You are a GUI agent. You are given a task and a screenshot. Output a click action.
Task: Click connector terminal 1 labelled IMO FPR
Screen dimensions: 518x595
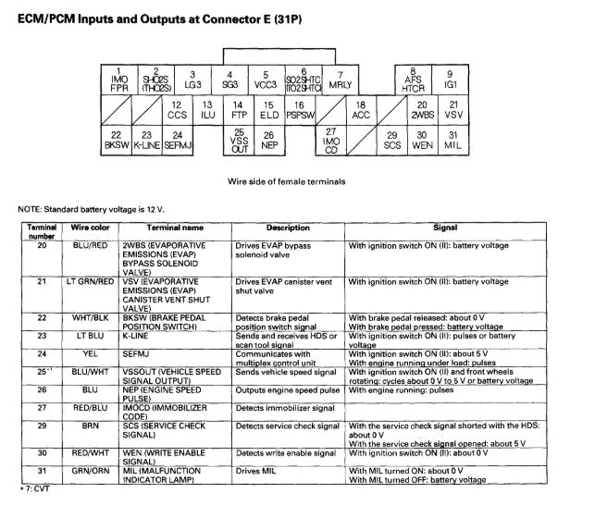pyautogui.click(x=118, y=80)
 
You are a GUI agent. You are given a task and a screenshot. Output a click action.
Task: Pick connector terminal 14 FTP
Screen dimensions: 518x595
pyautogui.click(x=238, y=110)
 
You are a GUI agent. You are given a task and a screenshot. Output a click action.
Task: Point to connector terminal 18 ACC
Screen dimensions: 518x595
pyautogui.click(x=362, y=110)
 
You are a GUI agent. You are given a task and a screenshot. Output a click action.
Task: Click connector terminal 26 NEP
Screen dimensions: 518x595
pyautogui.click(x=269, y=141)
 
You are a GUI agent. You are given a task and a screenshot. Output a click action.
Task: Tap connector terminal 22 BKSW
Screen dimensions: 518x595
pyautogui.click(x=118, y=141)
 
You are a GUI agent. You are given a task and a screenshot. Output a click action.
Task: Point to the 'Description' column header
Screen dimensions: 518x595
pyautogui.click(x=287, y=228)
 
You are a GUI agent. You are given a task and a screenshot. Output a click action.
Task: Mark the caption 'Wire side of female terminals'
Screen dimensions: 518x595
pyautogui.click(x=287, y=181)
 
